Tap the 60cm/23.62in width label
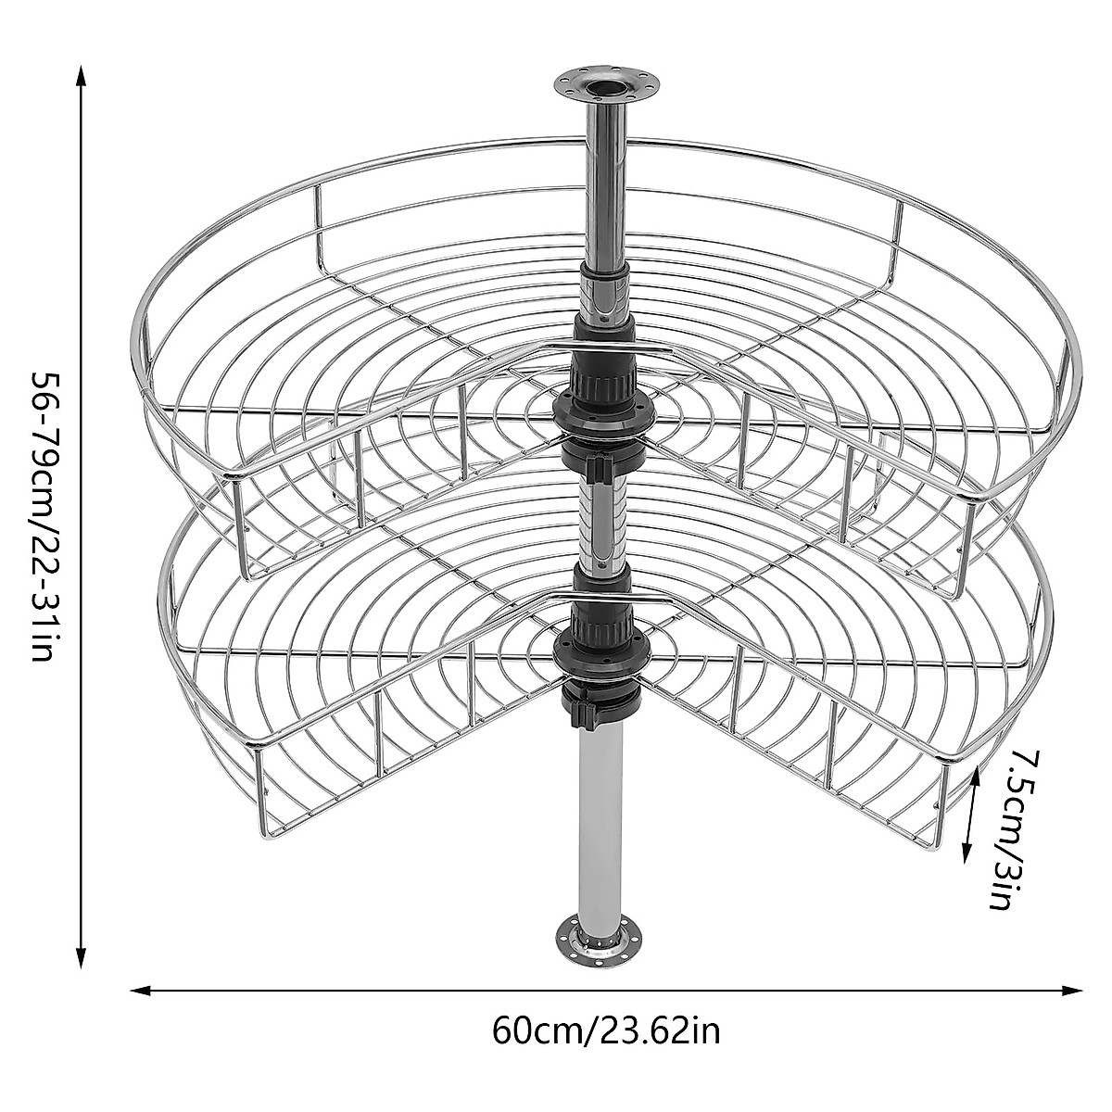tap(606, 1030)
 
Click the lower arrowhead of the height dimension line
tap(82, 960)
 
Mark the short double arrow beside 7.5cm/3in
tap(970, 815)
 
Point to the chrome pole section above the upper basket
tap(606, 185)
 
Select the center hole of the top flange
tap(606, 84)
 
